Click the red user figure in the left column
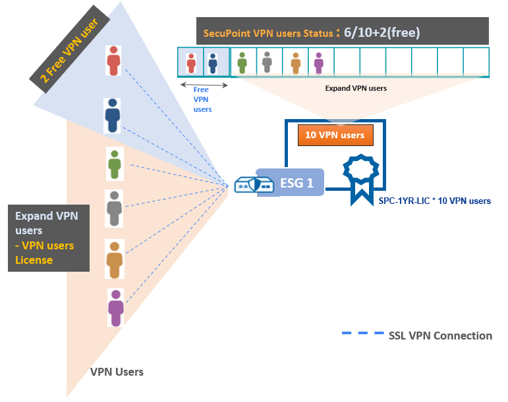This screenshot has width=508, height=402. [114, 60]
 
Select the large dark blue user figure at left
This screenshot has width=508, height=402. [113, 116]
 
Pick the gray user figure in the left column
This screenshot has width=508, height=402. [115, 209]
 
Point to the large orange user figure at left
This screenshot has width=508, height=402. [115, 259]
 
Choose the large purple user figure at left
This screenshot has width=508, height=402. [116, 307]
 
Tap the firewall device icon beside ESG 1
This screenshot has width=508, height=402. [254, 185]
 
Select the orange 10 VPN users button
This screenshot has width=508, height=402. [335, 135]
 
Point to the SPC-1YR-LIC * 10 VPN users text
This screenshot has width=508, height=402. [434, 201]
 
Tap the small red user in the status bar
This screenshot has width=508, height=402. [191, 63]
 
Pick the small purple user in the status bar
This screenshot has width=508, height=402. [319, 63]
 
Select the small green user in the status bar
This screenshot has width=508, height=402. [242, 63]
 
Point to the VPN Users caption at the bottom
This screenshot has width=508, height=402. [117, 372]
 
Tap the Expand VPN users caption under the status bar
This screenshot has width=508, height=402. [356, 88]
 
